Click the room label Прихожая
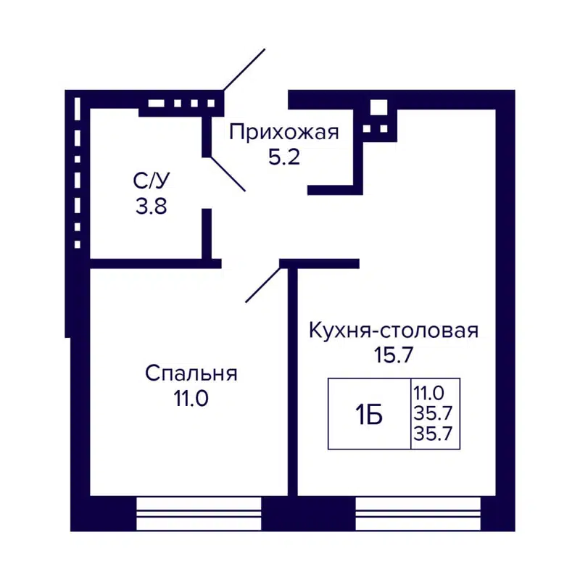(284, 132)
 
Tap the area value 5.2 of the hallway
(284, 157)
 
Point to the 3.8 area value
(152, 207)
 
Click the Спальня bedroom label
(191, 373)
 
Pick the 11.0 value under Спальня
(191, 399)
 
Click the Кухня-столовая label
(394, 331)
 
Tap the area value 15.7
(394, 356)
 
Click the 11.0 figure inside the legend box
(428, 394)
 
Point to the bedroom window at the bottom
(199, 514)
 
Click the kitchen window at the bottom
(418, 514)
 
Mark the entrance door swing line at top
(244, 70)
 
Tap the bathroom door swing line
(227, 173)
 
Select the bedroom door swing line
(263, 283)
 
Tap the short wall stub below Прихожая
(335, 190)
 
